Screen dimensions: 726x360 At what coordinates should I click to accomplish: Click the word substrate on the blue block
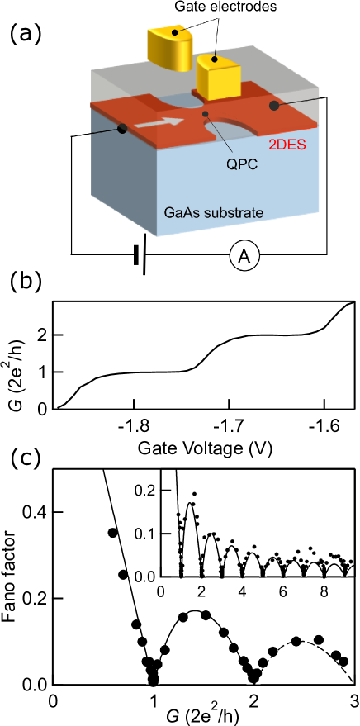coord(234,212)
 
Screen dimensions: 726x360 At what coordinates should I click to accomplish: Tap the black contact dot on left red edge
coord(122,129)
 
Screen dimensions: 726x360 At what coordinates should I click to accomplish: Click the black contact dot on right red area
coord(273,106)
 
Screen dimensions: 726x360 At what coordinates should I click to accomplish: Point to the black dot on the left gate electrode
coord(175,37)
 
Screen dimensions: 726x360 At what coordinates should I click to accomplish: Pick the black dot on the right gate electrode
coord(214,59)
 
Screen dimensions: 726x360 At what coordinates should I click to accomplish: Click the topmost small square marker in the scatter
coord(194,494)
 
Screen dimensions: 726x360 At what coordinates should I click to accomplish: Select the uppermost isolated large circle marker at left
coord(113,533)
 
